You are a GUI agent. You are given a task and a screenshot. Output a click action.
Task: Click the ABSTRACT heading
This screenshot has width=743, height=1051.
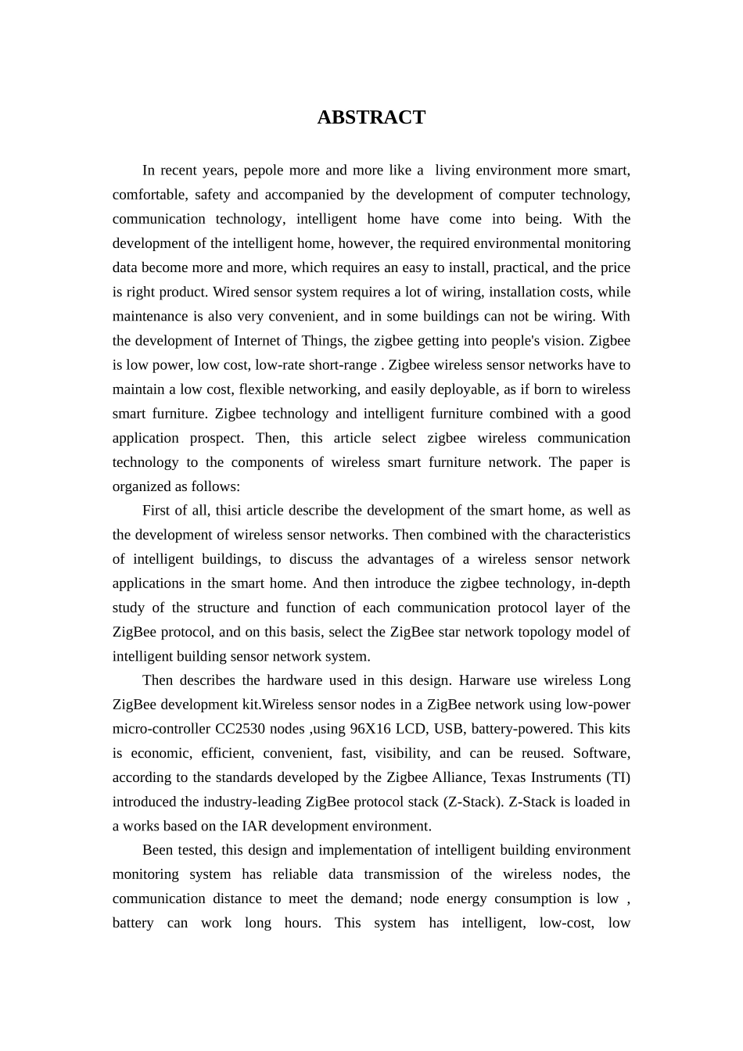coord(371,117)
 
